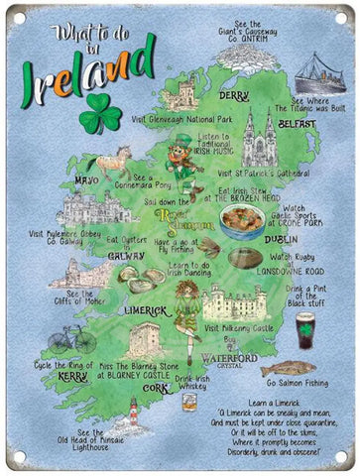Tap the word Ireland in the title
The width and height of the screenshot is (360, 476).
pyautogui.click(x=87, y=68)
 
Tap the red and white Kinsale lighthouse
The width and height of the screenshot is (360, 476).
pyautogui.click(x=132, y=412)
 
